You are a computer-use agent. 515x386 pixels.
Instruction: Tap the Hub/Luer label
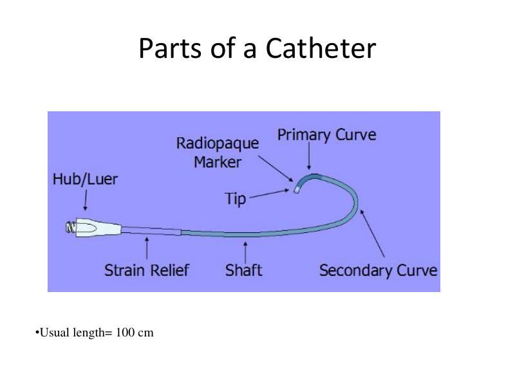tap(85, 179)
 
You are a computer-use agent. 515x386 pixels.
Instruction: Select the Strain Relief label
tap(147, 270)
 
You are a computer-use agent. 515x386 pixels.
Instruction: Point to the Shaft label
tap(244, 270)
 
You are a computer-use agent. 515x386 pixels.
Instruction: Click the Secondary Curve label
tap(378, 270)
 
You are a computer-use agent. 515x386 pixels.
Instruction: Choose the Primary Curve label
tap(326, 135)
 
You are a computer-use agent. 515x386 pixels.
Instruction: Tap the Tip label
tap(236, 199)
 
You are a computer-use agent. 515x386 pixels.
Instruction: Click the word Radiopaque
tap(218, 143)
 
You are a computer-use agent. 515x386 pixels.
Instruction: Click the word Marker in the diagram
tap(218, 161)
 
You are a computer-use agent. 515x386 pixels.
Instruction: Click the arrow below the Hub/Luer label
tap(85, 203)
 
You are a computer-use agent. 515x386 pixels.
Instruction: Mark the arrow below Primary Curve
tap(309, 156)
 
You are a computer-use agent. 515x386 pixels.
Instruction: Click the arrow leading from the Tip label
tap(270, 194)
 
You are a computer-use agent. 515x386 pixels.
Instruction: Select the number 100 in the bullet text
tap(126, 333)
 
